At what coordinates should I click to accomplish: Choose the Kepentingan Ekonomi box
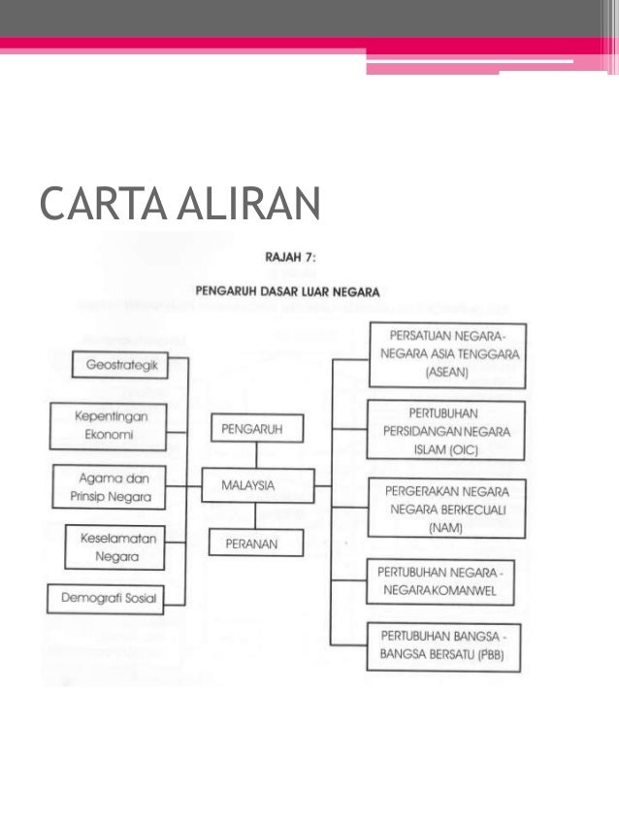pos(105,426)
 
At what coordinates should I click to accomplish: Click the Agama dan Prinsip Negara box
pos(108,488)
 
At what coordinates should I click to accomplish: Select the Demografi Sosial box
pos(108,598)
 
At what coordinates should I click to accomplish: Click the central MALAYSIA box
pos(257,484)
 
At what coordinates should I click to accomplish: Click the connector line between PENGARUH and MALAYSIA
pos(257,455)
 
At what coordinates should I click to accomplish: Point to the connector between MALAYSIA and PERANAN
pos(257,514)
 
